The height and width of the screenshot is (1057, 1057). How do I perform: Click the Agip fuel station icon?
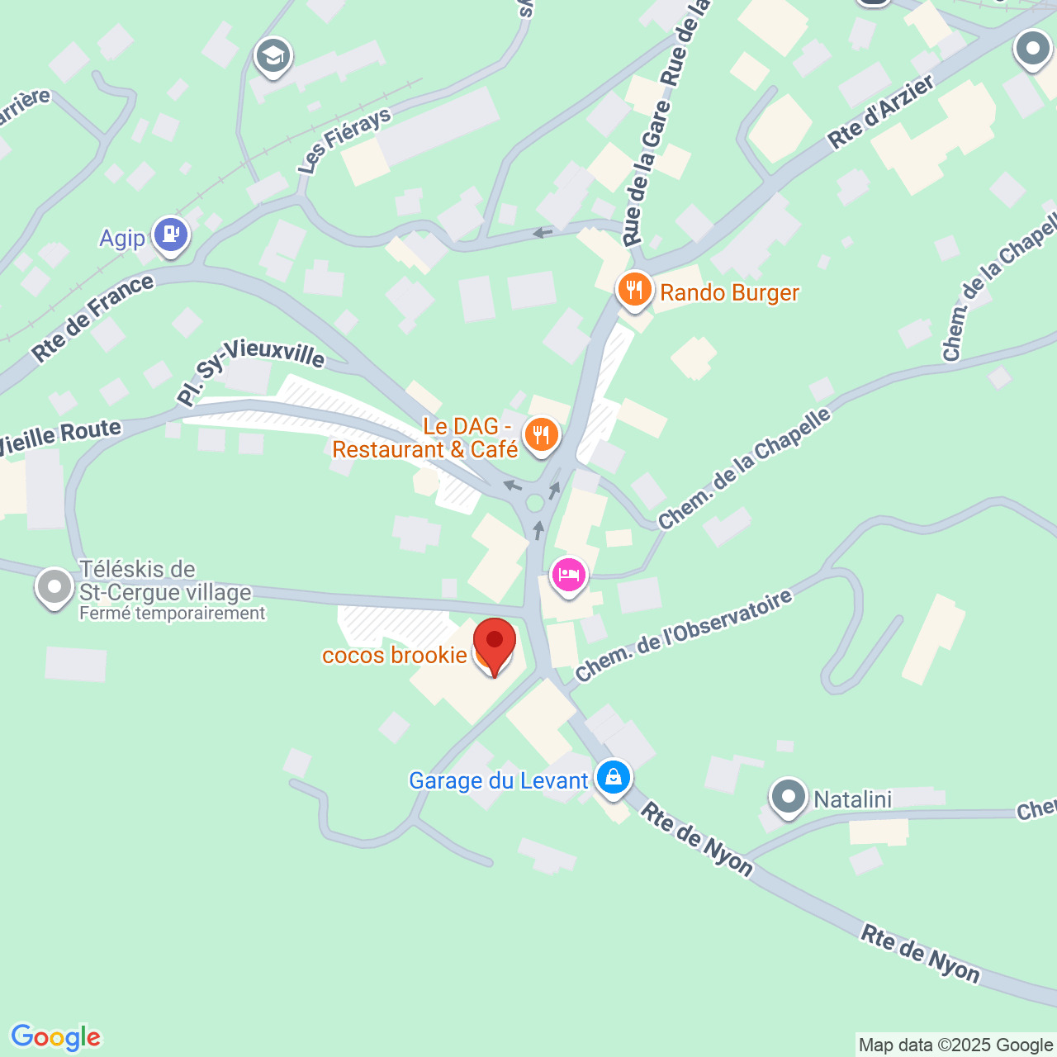point(171,235)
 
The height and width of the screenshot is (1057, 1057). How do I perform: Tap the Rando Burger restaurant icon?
point(634,290)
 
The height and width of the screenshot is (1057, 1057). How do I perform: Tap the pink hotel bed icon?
point(568,574)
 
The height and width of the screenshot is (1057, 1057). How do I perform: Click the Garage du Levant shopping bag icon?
point(614,777)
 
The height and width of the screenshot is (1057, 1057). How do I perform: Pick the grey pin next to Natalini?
point(788,798)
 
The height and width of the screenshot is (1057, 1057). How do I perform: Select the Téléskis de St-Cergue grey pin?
point(55,588)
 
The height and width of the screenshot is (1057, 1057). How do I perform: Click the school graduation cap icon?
point(272,57)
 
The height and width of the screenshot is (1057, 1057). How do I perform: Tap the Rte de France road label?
point(93,318)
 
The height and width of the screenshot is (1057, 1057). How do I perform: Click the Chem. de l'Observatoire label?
point(684,636)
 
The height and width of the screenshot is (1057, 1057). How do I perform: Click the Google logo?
point(55,1037)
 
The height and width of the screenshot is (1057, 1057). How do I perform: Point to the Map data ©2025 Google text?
point(955,1045)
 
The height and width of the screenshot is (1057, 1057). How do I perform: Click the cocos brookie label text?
point(395,655)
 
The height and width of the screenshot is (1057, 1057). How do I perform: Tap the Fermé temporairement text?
point(173,614)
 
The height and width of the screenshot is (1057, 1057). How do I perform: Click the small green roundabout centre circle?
point(535,502)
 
